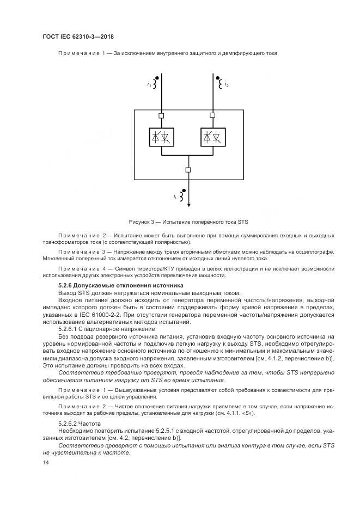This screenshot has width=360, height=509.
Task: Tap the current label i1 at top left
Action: [x=149, y=84]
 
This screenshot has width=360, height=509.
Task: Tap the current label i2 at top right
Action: [x=227, y=85]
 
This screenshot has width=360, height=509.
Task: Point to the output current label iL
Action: [x=175, y=197]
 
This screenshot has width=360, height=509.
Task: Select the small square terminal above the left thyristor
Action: [x=162, y=115]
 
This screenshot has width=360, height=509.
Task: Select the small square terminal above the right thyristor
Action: [x=212, y=115]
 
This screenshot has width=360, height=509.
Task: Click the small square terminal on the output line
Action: [x=188, y=170]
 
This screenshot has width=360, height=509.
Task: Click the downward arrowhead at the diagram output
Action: [x=188, y=205]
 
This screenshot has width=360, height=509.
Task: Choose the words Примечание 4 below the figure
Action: [x=82, y=268]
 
